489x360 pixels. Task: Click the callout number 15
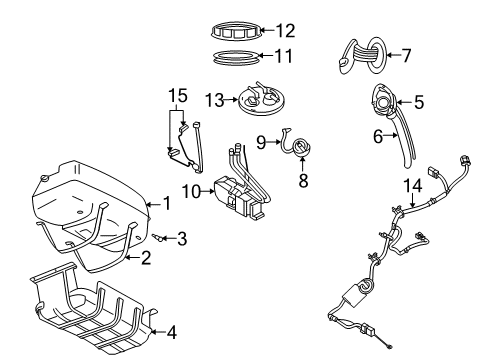tap(177, 95)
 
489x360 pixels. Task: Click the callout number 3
tap(181, 238)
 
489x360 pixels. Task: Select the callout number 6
tap(377, 137)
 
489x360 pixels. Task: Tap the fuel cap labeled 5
tap(382, 101)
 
